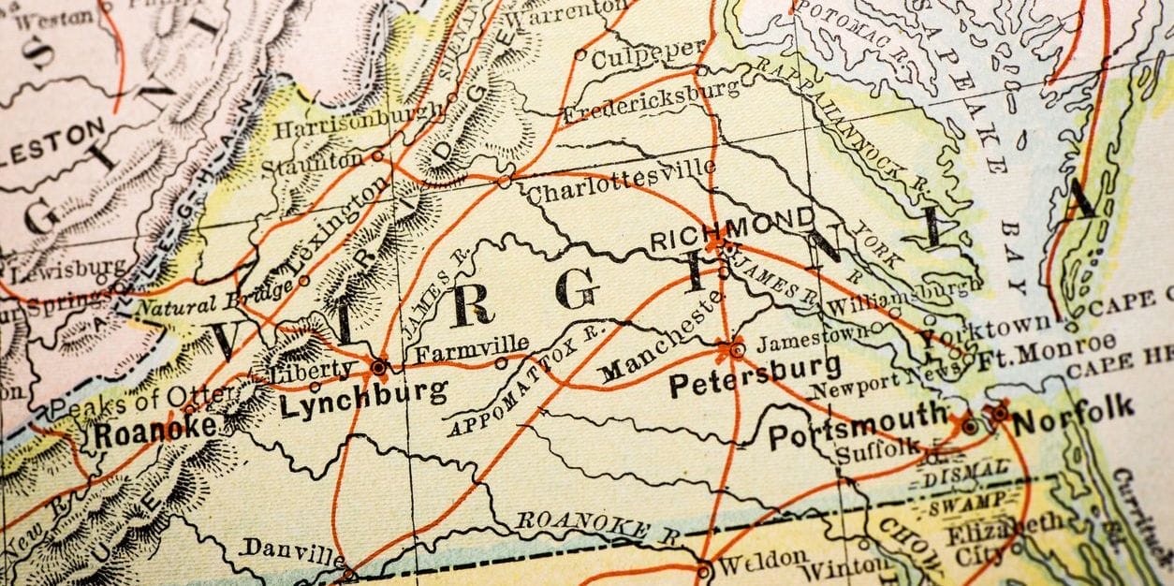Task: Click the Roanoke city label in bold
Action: [x=154, y=432]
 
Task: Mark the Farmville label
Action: [x=472, y=351]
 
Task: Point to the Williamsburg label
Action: [x=900, y=297]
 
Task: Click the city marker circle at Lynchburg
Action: [x=380, y=366]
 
